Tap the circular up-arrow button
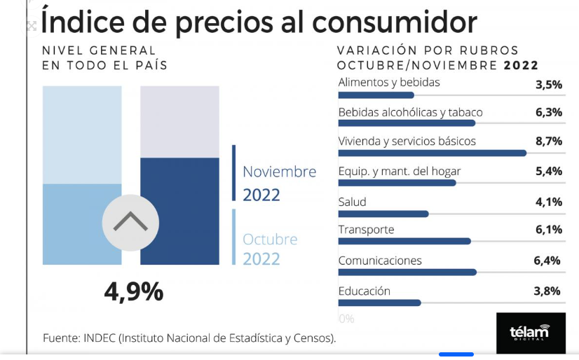(x=130, y=223)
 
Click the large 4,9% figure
(x=133, y=291)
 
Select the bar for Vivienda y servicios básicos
(x=432, y=153)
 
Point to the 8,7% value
(x=548, y=141)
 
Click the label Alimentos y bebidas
(x=389, y=83)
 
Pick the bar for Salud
(x=383, y=214)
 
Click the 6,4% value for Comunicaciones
(x=547, y=261)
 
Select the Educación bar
(x=379, y=303)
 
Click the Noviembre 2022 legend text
(x=279, y=183)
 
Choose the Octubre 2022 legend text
(x=270, y=249)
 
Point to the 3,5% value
(x=548, y=85)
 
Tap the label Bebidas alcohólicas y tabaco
(x=410, y=112)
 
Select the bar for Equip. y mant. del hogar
(x=397, y=183)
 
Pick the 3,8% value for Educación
(x=548, y=291)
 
